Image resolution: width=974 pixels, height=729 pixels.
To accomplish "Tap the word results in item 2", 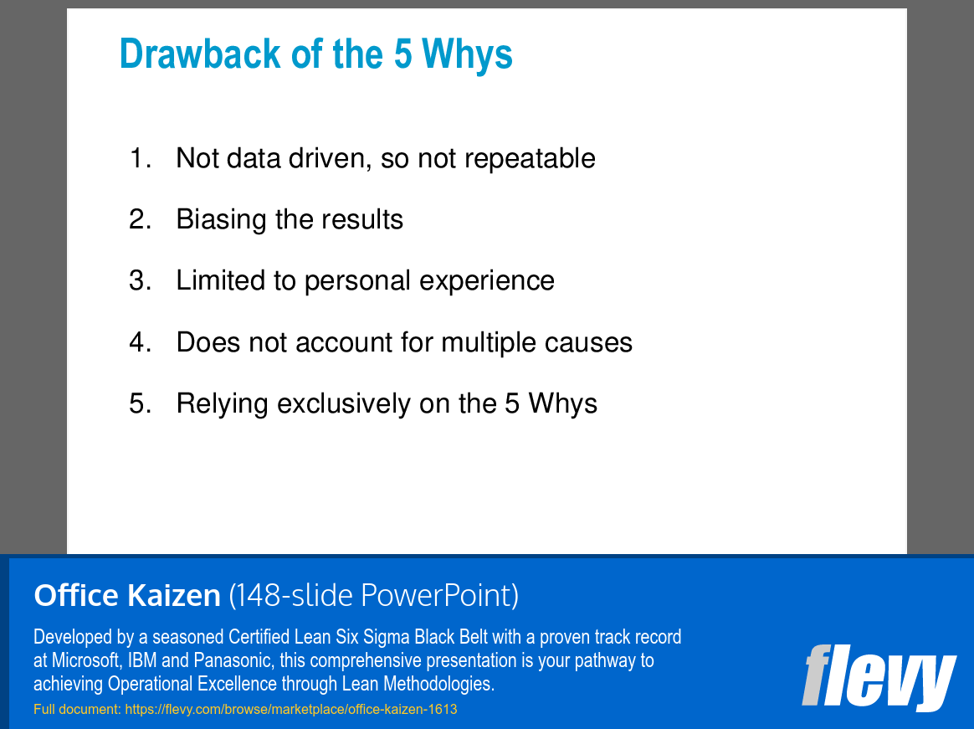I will (x=362, y=220).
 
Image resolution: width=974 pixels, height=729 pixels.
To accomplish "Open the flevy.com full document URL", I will (x=290, y=710).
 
